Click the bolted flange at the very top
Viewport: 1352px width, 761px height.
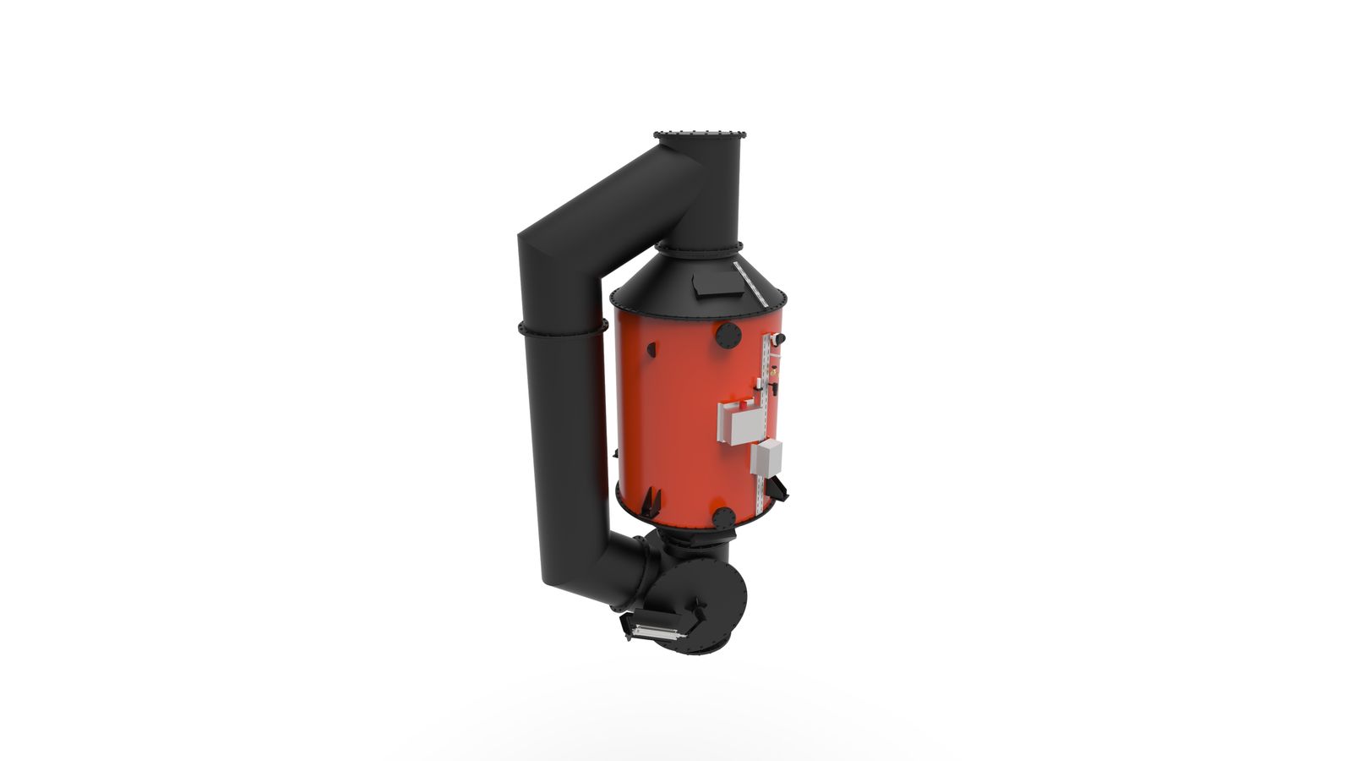[701, 134]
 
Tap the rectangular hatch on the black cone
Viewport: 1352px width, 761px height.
[711, 285]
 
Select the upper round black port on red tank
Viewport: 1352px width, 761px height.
[728, 334]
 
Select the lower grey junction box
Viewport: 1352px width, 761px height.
[766, 457]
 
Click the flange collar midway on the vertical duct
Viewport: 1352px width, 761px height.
[563, 328]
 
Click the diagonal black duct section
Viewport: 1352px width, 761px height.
[608, 207]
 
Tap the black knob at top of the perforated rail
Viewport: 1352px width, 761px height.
[778, 339]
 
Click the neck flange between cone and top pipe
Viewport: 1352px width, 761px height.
[700, 247]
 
